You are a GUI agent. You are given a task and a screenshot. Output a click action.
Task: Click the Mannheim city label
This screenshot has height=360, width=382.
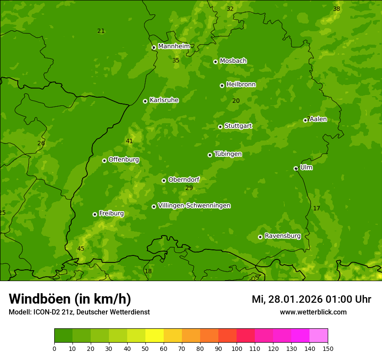point(174,46)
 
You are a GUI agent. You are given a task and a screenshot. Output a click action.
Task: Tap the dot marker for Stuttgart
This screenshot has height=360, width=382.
point(220,127)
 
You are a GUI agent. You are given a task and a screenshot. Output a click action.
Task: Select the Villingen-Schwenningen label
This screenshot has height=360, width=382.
point(194,206)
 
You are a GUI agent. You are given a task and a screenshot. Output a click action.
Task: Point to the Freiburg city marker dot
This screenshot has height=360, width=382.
point(95,214)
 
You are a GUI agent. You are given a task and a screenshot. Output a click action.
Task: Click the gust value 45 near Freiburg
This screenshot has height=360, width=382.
point(81,249)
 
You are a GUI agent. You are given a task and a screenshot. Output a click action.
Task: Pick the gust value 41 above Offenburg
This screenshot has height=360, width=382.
point(129,141)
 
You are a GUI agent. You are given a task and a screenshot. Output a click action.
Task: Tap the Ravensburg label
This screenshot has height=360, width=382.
point(282,236)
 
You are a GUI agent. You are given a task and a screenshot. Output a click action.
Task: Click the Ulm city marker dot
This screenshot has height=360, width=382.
point(296,168)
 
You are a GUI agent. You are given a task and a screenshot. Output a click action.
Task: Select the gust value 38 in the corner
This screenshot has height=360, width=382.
point(336,9)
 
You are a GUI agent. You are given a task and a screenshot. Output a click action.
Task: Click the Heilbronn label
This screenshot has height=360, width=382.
point(241,85)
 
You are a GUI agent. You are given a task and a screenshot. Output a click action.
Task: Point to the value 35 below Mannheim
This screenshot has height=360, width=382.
point(176,60)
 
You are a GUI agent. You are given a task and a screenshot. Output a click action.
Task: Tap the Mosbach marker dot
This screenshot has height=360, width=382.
point(215,62)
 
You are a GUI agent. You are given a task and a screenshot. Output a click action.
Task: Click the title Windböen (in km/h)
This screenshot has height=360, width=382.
point(70,299)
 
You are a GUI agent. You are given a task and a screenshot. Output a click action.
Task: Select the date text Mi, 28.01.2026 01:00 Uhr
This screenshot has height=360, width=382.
point(311,299)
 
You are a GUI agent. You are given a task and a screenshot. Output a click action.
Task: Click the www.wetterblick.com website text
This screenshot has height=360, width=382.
point(313,312)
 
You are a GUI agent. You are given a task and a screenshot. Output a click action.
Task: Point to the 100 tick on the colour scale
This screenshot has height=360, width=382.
point(237,348)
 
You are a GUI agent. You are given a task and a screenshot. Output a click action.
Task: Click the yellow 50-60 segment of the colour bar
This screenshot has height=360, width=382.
point(155,335)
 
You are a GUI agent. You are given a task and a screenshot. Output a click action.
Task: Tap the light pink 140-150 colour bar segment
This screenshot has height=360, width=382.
point(319,335)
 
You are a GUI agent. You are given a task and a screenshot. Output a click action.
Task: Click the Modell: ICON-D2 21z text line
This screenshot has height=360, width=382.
point(79,312)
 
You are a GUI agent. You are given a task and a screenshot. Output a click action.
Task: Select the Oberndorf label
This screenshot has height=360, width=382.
point(184,180)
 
